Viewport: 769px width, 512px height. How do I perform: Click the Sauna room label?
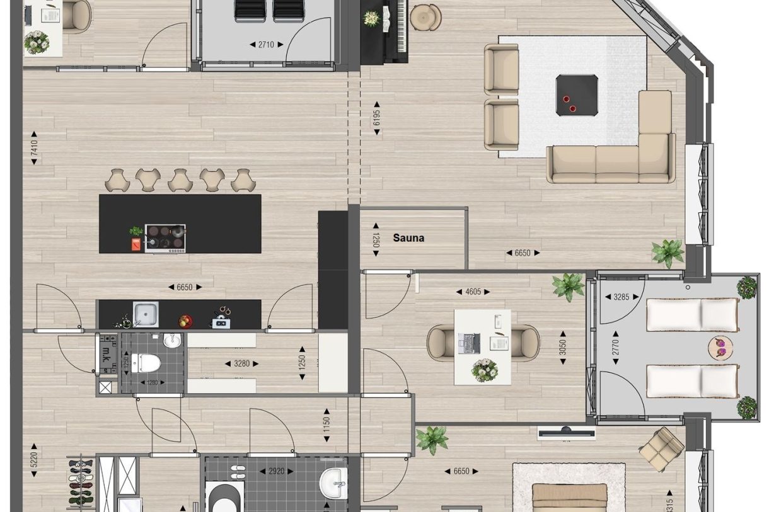[x=408, y=238]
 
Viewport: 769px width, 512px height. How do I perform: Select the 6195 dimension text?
[x=376, y=117]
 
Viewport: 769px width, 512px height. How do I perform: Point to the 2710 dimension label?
[x=267, y=44]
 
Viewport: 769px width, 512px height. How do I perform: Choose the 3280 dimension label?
[x=241, y=363]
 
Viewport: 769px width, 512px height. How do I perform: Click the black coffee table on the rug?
[x=577, y=95]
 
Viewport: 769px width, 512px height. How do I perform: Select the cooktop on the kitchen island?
[x=165, y=238]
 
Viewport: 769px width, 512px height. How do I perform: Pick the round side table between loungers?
[x=718, y=347]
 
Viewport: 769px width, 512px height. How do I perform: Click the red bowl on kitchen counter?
[x=185, y=321]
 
